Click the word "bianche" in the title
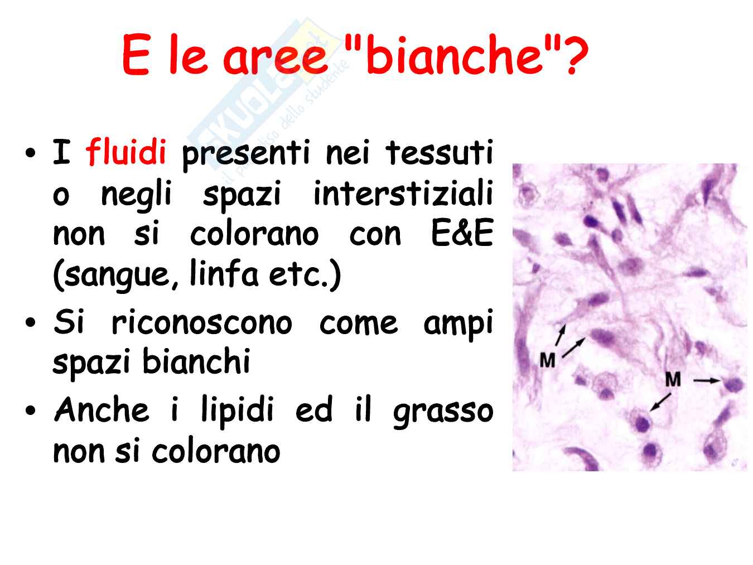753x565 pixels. coord(455,54)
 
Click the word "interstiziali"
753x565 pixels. coord(403,193)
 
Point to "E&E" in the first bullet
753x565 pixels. coord(462,233)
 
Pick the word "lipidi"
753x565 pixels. coord(237,411)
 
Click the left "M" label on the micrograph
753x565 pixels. coord(547,360)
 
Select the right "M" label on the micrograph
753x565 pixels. coord(673,379)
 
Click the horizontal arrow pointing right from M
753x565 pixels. coord(707,380)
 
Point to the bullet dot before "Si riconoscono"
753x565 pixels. coord(31,322)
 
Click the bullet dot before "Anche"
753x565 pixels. coord(31,410)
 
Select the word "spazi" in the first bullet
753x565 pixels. coord(241,194)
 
